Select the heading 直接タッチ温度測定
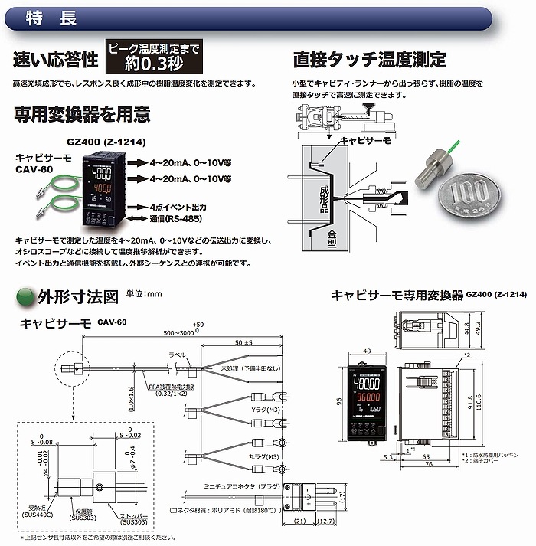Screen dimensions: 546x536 click(370, 59)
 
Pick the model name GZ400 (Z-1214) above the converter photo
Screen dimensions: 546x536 click(100, 142)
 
